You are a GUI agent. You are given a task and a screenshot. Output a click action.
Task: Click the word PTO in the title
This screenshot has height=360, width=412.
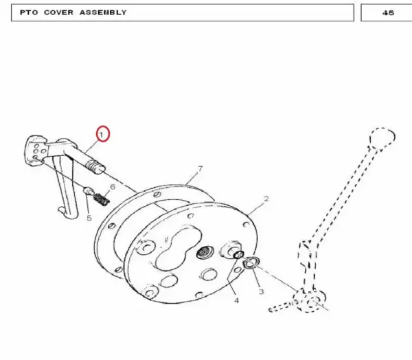[x=29, y=12]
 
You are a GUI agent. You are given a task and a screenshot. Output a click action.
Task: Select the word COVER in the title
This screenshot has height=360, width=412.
[x=58, y=12]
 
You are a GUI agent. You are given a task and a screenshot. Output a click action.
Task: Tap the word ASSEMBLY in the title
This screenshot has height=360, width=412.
[x=103, y=12]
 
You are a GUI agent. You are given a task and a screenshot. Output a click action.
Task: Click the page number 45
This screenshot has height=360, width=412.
[x=388, y=13]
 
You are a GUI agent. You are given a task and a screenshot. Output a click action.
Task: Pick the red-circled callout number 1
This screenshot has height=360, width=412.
[x=102, y=135]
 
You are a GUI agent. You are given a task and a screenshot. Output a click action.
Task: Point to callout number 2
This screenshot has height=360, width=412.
[x=266, y=199]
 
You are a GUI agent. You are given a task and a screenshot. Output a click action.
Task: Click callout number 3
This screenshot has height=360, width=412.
[x=261, y=291]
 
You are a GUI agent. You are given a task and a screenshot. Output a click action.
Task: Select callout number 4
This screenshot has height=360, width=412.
[x=236, y=300]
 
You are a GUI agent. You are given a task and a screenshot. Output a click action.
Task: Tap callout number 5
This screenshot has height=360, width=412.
[x=89, y=218]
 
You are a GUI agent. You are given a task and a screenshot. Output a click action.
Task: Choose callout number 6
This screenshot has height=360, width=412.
[x=113, y=187]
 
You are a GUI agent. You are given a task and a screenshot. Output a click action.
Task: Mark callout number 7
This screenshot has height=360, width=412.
[x=201, y=169]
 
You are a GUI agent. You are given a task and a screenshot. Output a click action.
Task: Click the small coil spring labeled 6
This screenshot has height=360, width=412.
[x=102, y=200]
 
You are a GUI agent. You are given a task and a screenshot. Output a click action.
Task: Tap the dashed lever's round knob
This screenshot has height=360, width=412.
[x=382, y=138]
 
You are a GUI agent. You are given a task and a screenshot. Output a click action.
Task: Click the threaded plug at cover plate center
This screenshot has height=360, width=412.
[x=203, y=253]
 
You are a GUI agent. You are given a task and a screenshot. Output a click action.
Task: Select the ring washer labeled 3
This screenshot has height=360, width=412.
[x=251, y=263]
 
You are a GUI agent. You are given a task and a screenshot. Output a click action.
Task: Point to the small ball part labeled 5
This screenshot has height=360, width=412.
[x=88, y=190]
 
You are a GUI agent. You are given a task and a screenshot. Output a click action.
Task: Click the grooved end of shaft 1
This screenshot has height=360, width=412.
[x=95, y=167]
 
